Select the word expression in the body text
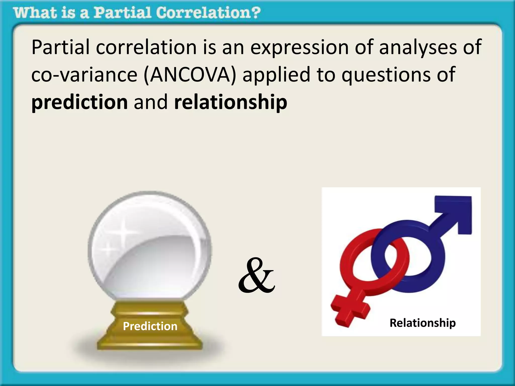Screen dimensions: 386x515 point(299,48)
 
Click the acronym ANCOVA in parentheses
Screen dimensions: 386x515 point(190,75)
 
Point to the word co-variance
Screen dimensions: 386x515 point(84,75)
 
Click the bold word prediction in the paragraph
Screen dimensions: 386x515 point(80,103)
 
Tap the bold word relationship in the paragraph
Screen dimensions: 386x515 point(231,103)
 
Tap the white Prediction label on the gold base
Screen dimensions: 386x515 point(150,326)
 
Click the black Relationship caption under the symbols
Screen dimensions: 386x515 point(422,323)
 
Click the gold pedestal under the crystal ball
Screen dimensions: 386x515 point(150,337)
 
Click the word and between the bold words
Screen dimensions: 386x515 point(151,103)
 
